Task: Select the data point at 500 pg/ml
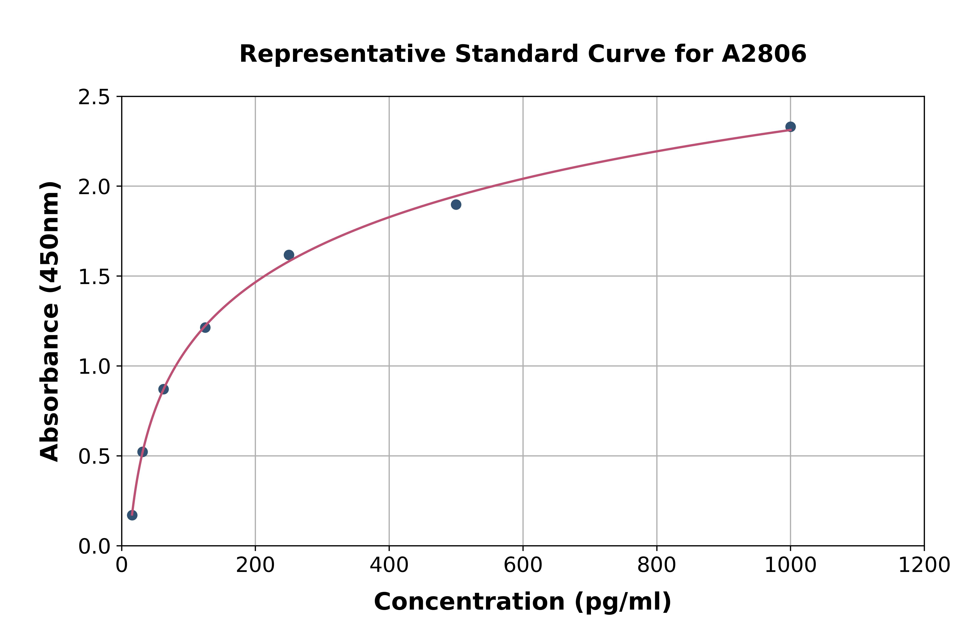point(456,204)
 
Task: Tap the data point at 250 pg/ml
point(289,255)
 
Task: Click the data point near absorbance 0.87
point(163,389)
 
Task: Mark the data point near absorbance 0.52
point(142,452)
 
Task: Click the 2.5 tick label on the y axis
point(94,97)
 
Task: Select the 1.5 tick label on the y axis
point(94,277)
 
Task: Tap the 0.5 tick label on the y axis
point(94,457)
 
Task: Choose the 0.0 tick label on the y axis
point(94,547)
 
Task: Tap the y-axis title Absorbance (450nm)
point(50,321)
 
